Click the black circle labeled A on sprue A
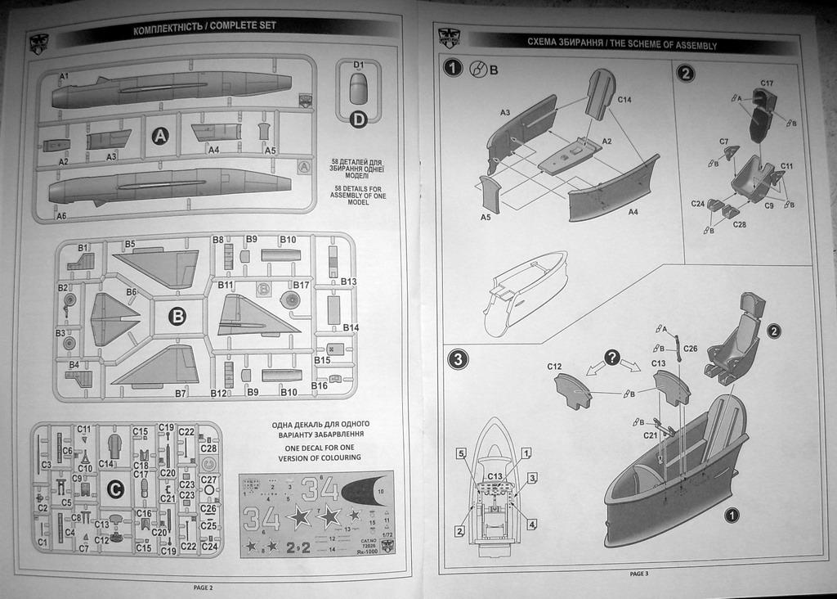[x=160, y=137]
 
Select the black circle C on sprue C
[x=116, y=489]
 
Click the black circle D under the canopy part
[x=358, y=120]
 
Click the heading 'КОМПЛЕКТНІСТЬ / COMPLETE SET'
[x=204, y=26]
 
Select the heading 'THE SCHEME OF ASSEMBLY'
[x=621, y=44]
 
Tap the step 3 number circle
[x=458, y=358]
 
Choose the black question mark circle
[x=611, y=358]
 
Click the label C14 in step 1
[x=624, y=100]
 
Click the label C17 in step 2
[x=767, y=83]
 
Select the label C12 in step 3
[x=554, y=367]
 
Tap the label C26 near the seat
[x=690, y=349]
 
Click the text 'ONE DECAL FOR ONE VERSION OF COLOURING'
[x=320, y=453]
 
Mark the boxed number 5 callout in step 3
[x=461, y=453]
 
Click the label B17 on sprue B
[x=302, y=285]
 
